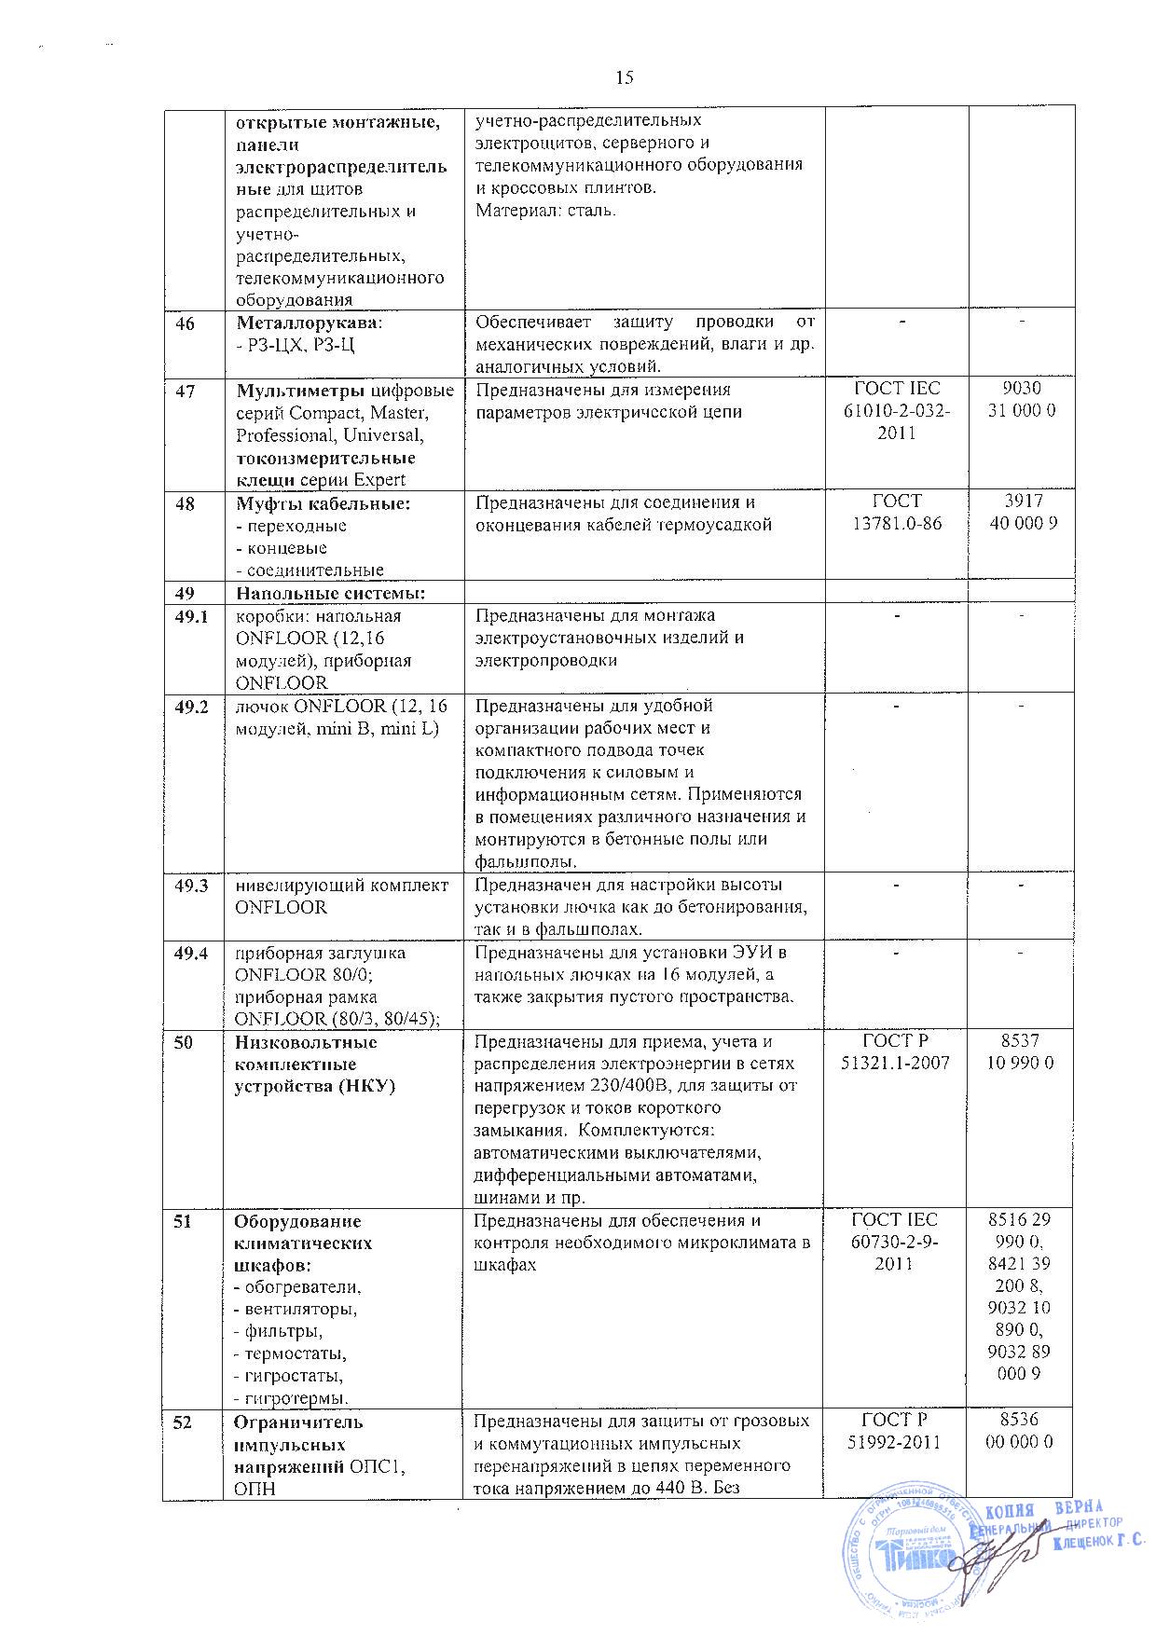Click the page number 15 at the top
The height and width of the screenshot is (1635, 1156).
coord(625,78)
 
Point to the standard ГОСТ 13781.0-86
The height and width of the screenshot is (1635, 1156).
coord(896,513)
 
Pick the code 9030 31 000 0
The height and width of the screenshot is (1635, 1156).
coord(1022,400)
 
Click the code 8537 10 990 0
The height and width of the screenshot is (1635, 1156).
coord(1022,1052)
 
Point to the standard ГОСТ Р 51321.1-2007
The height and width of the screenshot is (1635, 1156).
coord(895,1052)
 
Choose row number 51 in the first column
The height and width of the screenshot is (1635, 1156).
coord(186,1221)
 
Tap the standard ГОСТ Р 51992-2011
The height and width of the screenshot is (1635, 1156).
coord(895,1433)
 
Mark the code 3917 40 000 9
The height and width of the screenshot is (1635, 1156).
coord(1022,513)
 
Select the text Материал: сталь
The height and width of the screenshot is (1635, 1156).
coord(545,210)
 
